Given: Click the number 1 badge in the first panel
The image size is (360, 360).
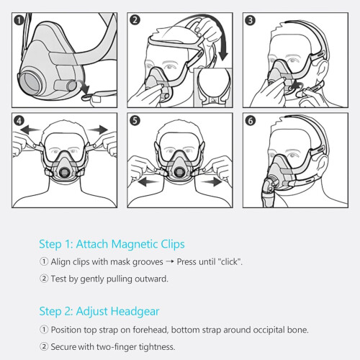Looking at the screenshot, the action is point(19,20).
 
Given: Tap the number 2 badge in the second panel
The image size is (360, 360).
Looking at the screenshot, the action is point(135,20).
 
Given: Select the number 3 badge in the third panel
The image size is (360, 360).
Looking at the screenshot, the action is point(250,20).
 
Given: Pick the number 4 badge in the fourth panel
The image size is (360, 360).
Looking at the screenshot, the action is point(19,120).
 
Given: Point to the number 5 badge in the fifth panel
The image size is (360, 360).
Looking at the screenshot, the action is point(135,120).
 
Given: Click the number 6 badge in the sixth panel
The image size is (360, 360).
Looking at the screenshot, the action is point(250,120).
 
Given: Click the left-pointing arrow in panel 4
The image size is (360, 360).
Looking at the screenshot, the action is point(30,130).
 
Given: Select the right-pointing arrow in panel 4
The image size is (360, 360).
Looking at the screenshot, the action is point(98,130).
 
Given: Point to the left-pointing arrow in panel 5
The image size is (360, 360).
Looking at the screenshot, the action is point(148,181).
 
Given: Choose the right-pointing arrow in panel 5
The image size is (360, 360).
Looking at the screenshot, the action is point(212,181).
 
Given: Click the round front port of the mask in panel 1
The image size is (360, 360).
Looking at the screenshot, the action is point(30,83).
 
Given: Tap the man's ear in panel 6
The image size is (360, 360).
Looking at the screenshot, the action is point(322,166).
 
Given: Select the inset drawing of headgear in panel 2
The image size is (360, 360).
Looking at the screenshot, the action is point(213,87).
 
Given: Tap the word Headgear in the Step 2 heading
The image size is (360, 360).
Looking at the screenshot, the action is point(135,312).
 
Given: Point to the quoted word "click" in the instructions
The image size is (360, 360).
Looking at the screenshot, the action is point(230,261).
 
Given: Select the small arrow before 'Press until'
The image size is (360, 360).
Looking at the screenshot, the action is point(170,261).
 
